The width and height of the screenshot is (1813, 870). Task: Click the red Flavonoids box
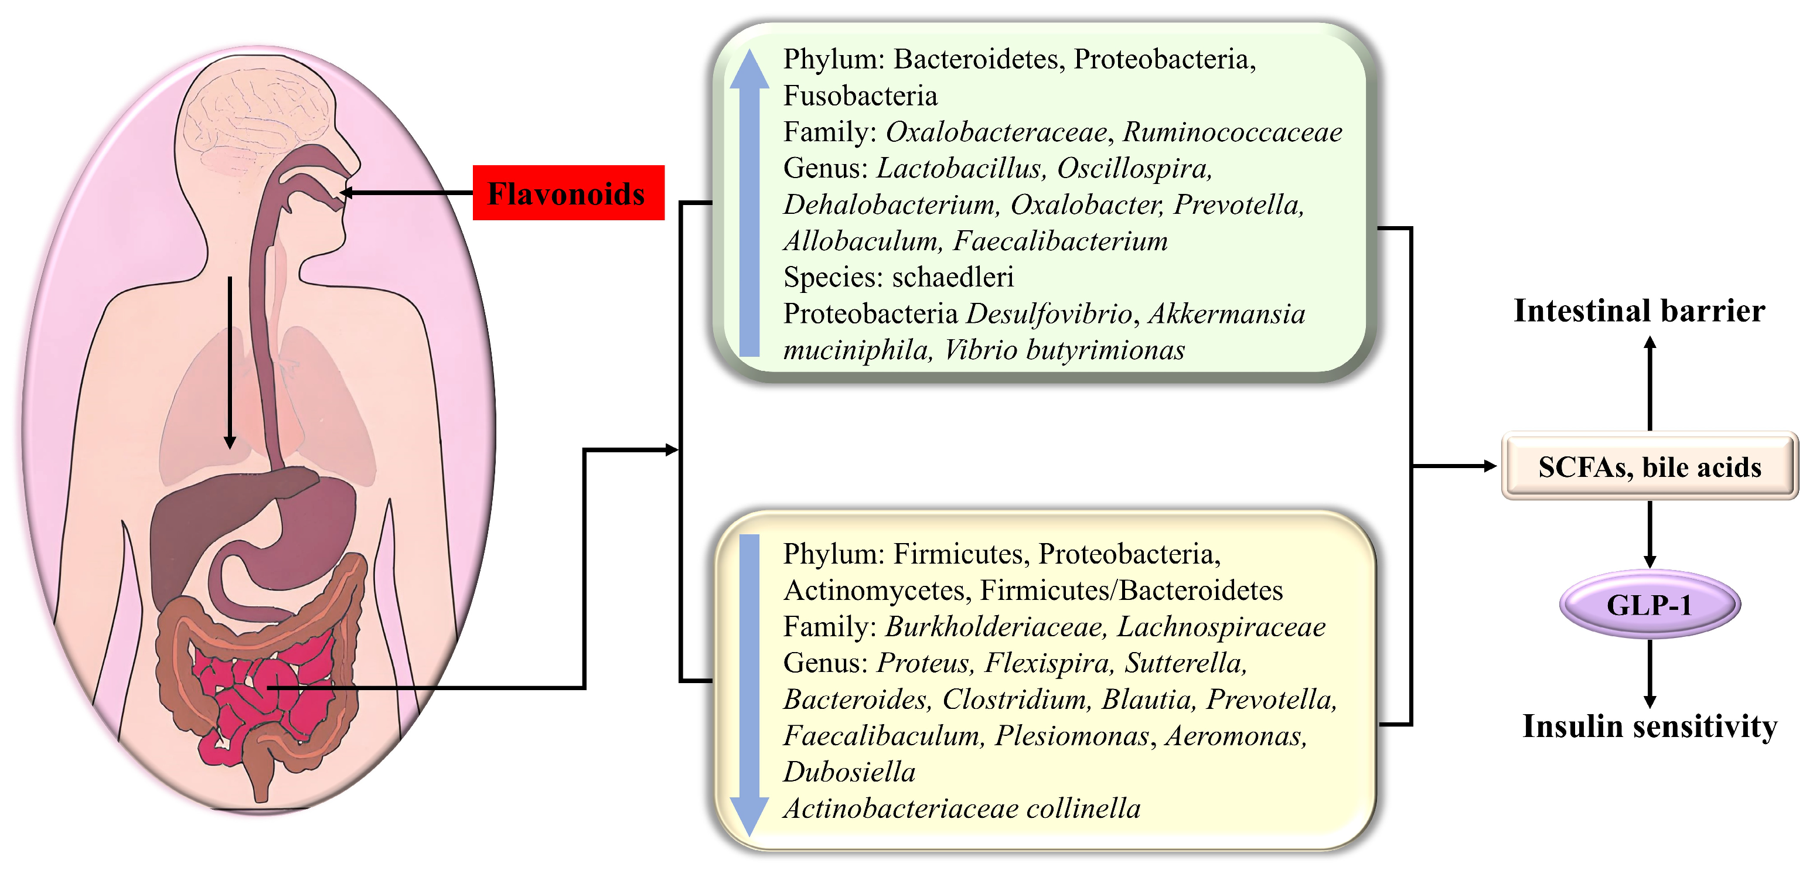[568, 193]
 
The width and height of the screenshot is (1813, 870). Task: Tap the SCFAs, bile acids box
[1649, 467]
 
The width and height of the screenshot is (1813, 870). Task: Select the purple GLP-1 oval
[1649, 604]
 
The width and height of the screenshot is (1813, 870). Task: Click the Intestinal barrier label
[1639, 311]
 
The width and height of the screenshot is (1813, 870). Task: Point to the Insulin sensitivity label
[1649, 726]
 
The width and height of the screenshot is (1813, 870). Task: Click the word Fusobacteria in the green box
[860, 95]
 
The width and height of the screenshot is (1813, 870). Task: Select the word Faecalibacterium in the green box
[1060, 241]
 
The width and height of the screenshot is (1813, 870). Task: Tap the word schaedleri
[953, 277]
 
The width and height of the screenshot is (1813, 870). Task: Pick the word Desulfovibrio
[1049, 313]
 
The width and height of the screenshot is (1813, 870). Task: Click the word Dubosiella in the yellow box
[849, 772]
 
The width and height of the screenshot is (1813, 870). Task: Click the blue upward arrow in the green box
[749, 204]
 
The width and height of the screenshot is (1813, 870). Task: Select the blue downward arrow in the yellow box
[749, 683]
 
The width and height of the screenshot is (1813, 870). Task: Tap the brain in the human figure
[253, 112]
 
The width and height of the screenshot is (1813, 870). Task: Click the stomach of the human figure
[309, 535]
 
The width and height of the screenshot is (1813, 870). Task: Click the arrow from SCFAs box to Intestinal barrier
[1649, 384]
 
